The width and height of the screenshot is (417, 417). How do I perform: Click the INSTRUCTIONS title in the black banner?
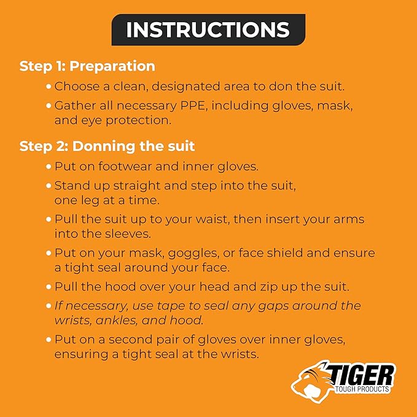pos(208,29)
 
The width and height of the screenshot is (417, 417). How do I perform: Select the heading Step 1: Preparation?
pos(87,66)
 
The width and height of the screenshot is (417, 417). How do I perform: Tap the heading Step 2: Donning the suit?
pos(107,146)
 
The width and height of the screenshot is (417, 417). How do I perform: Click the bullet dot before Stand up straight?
pos(49,185)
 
